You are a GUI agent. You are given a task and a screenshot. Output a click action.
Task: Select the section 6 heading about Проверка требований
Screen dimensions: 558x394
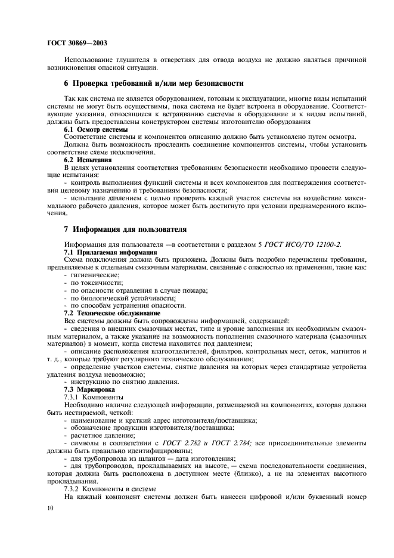tap(154, 83)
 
